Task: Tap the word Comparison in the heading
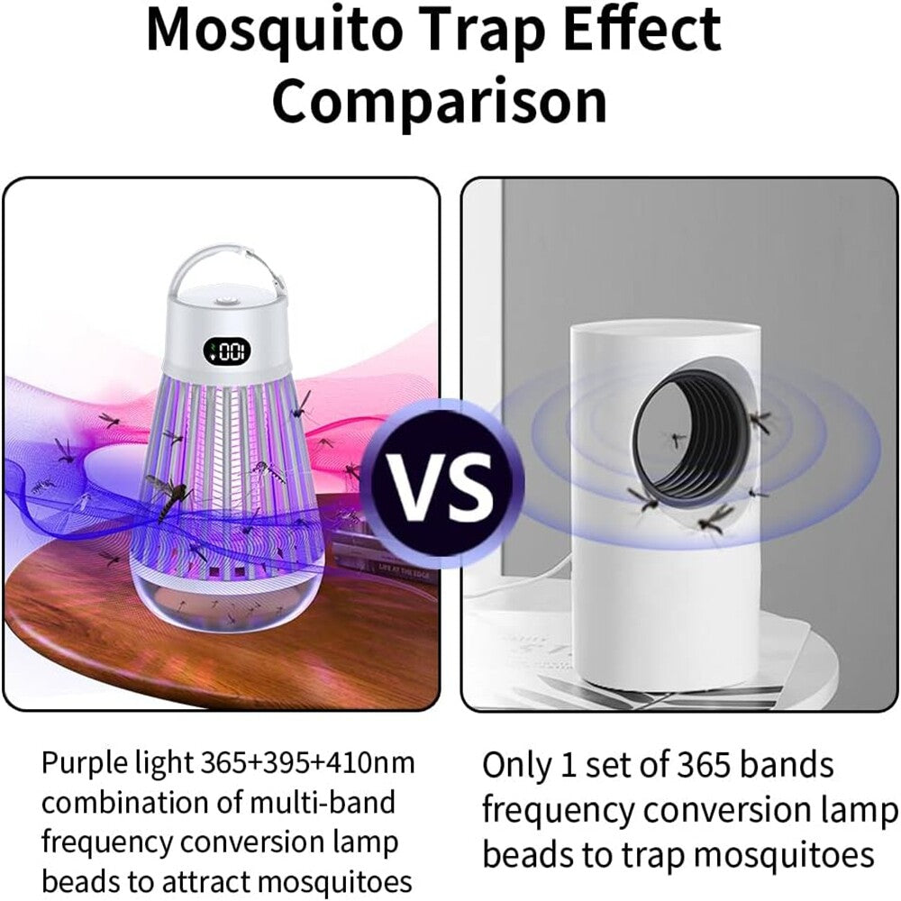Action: tap(440, 102)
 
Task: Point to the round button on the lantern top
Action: tap(225, 302)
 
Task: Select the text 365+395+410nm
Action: tap(307, 763)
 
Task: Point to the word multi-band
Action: tap(323, 803)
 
